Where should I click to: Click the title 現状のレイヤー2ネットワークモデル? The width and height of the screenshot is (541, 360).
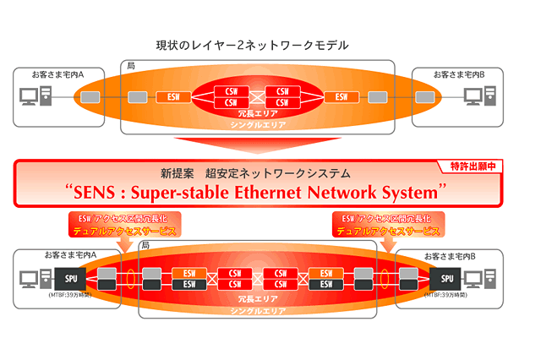coord(253,44)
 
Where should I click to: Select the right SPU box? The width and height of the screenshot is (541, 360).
coord(445,276)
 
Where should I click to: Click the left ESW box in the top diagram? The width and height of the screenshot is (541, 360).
coord(172,96)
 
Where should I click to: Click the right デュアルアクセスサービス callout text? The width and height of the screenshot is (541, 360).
coord(388,231)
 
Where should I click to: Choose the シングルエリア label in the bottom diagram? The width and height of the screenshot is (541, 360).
coord(258,310)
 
